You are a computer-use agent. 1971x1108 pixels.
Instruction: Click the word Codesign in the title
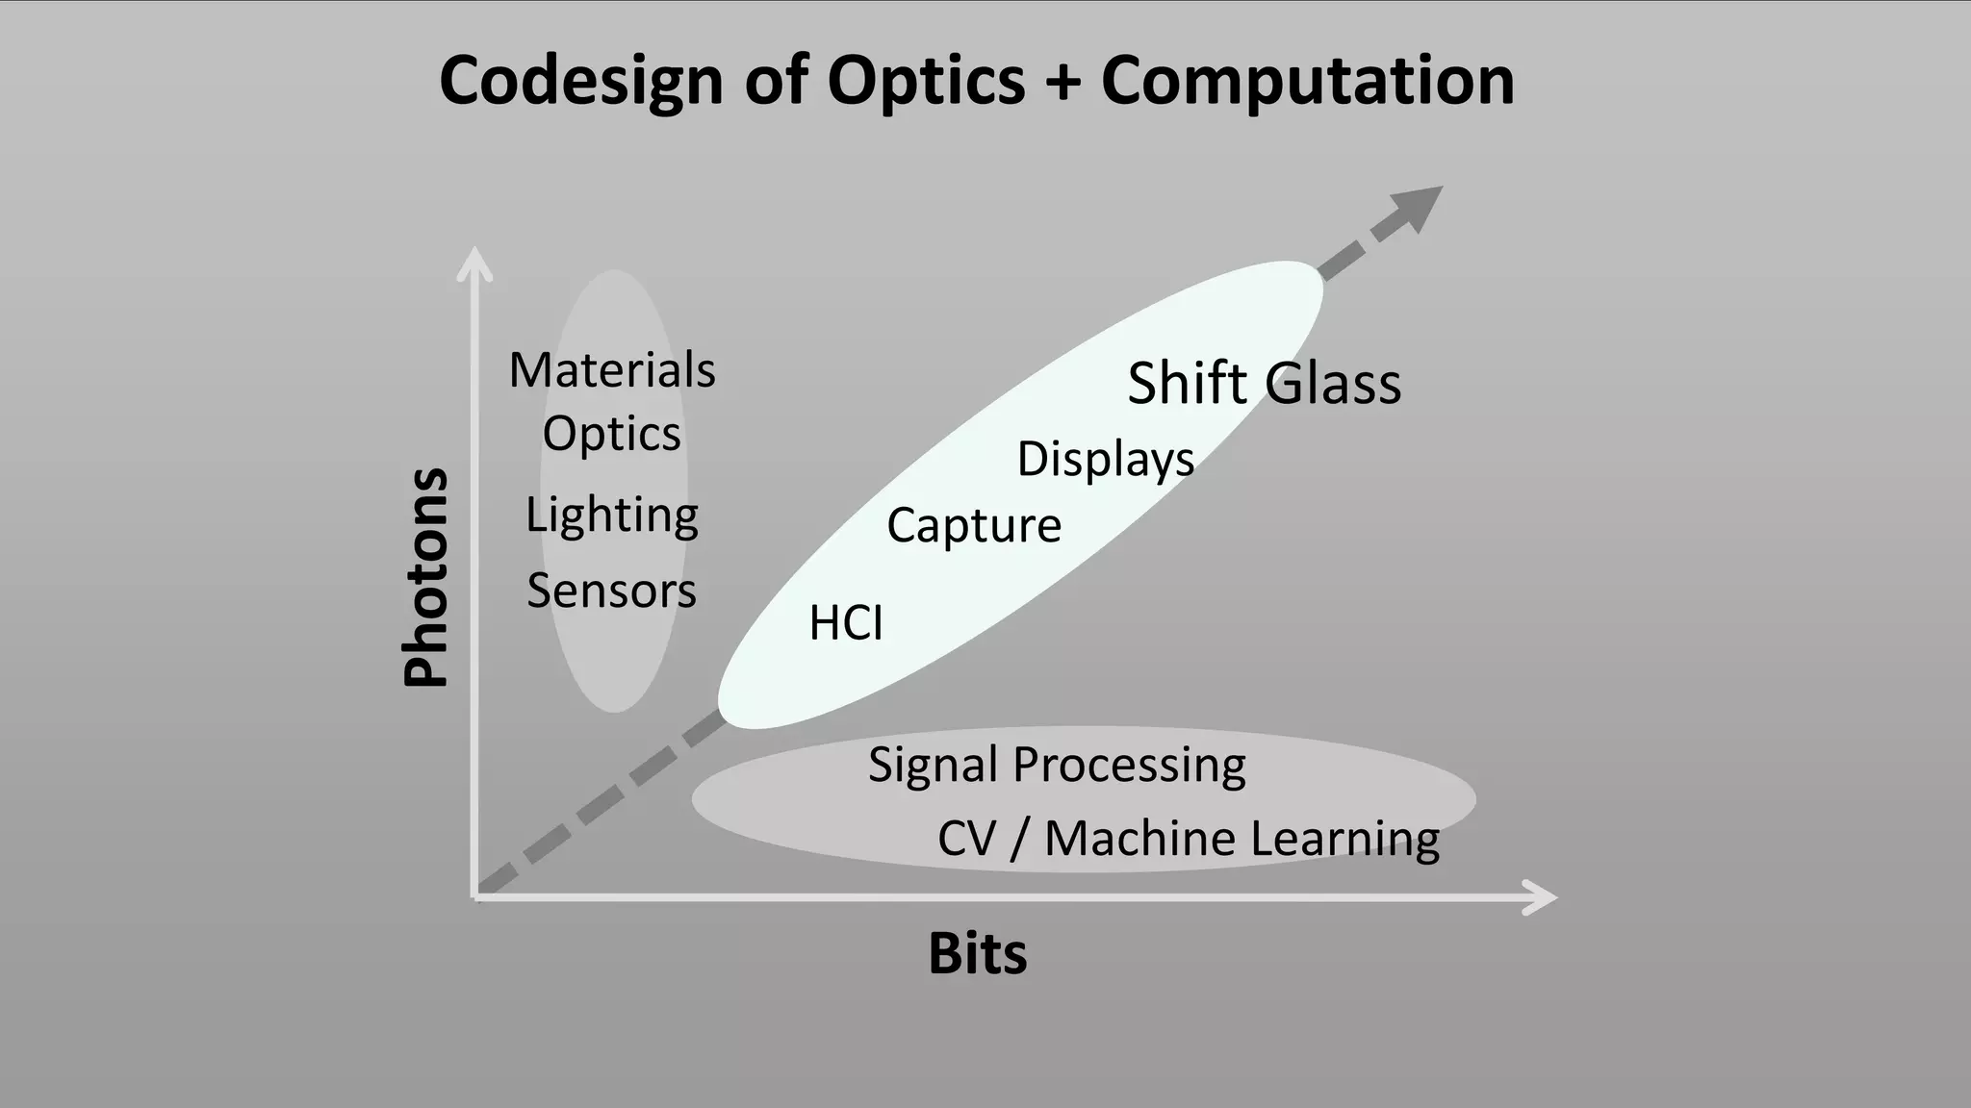click(580, 81)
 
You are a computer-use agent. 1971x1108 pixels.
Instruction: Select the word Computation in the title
click(1308, 81)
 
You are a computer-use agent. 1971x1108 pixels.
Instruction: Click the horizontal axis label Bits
click(977, 954)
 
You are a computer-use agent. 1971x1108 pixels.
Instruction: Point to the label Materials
click(612, 370)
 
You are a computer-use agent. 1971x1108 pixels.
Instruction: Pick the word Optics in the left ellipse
click(611, 435)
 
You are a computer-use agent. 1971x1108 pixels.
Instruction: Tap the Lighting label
click(611, 516)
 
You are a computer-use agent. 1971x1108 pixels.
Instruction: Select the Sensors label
click(611, 591)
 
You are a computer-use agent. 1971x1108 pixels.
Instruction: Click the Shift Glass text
click(1264, 383)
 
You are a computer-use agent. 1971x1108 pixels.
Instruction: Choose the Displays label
click(1105, 459)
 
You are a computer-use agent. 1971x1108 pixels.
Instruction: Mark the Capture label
click(973, 526)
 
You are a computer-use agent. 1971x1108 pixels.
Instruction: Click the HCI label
click(845, 623)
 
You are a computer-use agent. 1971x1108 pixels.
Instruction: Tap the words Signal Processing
click(1057, 766)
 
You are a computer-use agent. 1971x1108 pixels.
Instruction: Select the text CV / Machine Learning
click(1188, 839)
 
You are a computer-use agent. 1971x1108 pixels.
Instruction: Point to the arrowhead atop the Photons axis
click(474, 263)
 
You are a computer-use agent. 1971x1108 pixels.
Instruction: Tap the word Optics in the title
click(926, 81)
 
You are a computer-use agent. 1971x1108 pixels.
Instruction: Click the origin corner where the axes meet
click(475, 896)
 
